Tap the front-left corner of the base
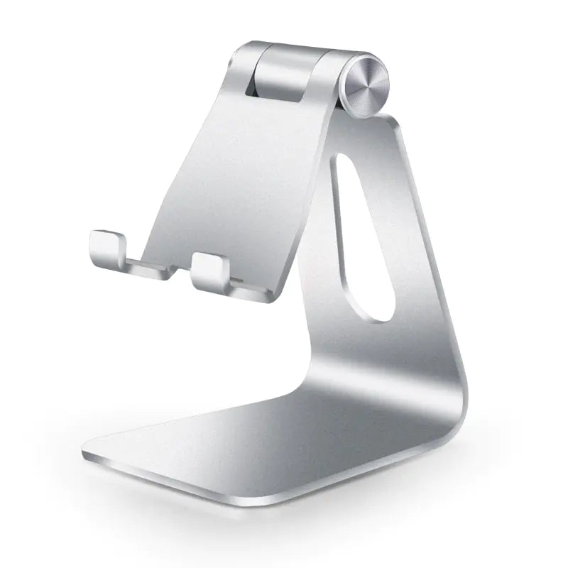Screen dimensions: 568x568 pos(85,451)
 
